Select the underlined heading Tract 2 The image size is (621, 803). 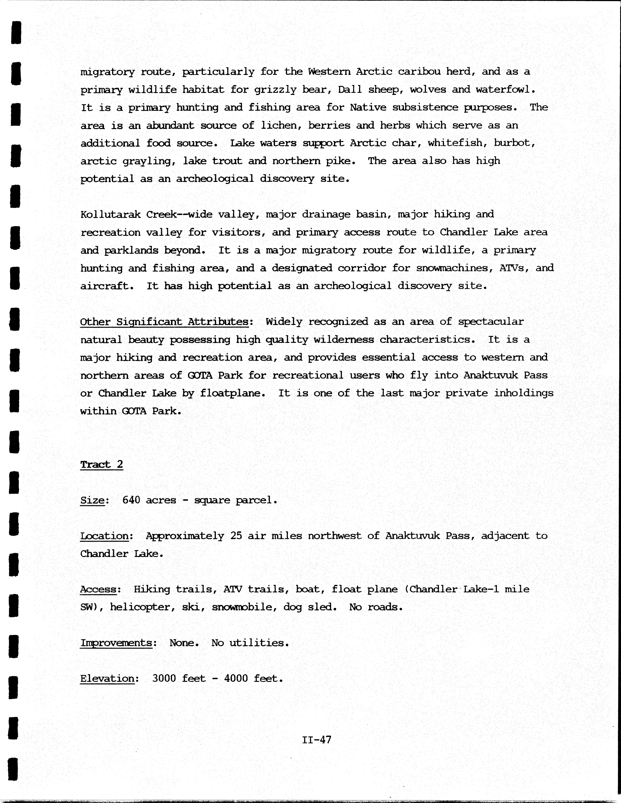101,464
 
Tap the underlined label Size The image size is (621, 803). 92,500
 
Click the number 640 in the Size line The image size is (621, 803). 131,500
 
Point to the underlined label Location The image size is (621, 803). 104,536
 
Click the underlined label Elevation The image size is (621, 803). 107,678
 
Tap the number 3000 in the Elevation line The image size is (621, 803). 164,678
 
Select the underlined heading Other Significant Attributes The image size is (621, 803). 164,322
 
